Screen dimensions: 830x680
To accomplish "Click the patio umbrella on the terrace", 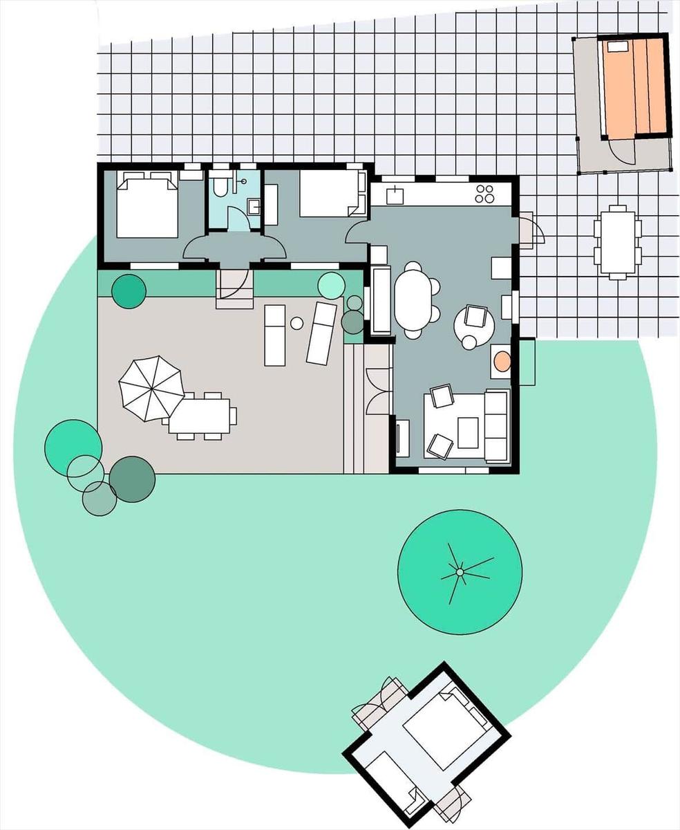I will point(151,387).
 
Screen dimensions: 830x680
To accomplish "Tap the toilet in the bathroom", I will point(220,187).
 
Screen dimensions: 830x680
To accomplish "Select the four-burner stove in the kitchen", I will point(485,194).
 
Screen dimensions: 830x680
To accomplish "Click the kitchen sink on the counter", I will point(395,196).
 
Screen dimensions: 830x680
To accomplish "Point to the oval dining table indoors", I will point(413,302).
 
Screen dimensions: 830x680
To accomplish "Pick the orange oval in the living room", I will point(502,360).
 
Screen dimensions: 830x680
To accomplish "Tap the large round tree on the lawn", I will point(460,571).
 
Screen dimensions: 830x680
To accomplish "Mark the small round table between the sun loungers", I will point(296,323).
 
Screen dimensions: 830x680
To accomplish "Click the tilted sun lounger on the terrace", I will point(321,333).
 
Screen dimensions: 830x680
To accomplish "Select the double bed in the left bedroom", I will point(147,205).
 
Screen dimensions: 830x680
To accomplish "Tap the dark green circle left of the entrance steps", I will point(129,291).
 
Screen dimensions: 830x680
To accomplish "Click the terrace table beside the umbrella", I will point(200,415).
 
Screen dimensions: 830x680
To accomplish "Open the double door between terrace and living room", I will point(379,391).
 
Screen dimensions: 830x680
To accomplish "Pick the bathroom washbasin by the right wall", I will point(254,206).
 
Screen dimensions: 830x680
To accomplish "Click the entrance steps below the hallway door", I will point(234,290).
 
